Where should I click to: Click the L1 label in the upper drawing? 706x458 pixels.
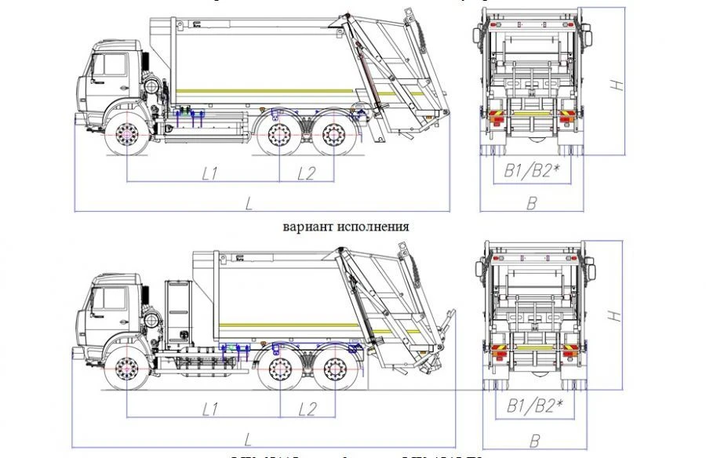click(209, 173)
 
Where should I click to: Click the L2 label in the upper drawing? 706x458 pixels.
click(306, 173)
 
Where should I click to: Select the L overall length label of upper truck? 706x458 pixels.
click(249, 203)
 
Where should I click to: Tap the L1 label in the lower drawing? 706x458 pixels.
click(209, 409)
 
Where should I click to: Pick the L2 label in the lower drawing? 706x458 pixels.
click(307, 409)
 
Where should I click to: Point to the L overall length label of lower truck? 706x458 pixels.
click(249, 438)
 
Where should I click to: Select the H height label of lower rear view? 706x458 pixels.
click(619, 314)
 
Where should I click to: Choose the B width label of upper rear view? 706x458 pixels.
click(531, 203)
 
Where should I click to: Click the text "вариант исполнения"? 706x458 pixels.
click(346, 226)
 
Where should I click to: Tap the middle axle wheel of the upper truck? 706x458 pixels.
click(279, 135)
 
